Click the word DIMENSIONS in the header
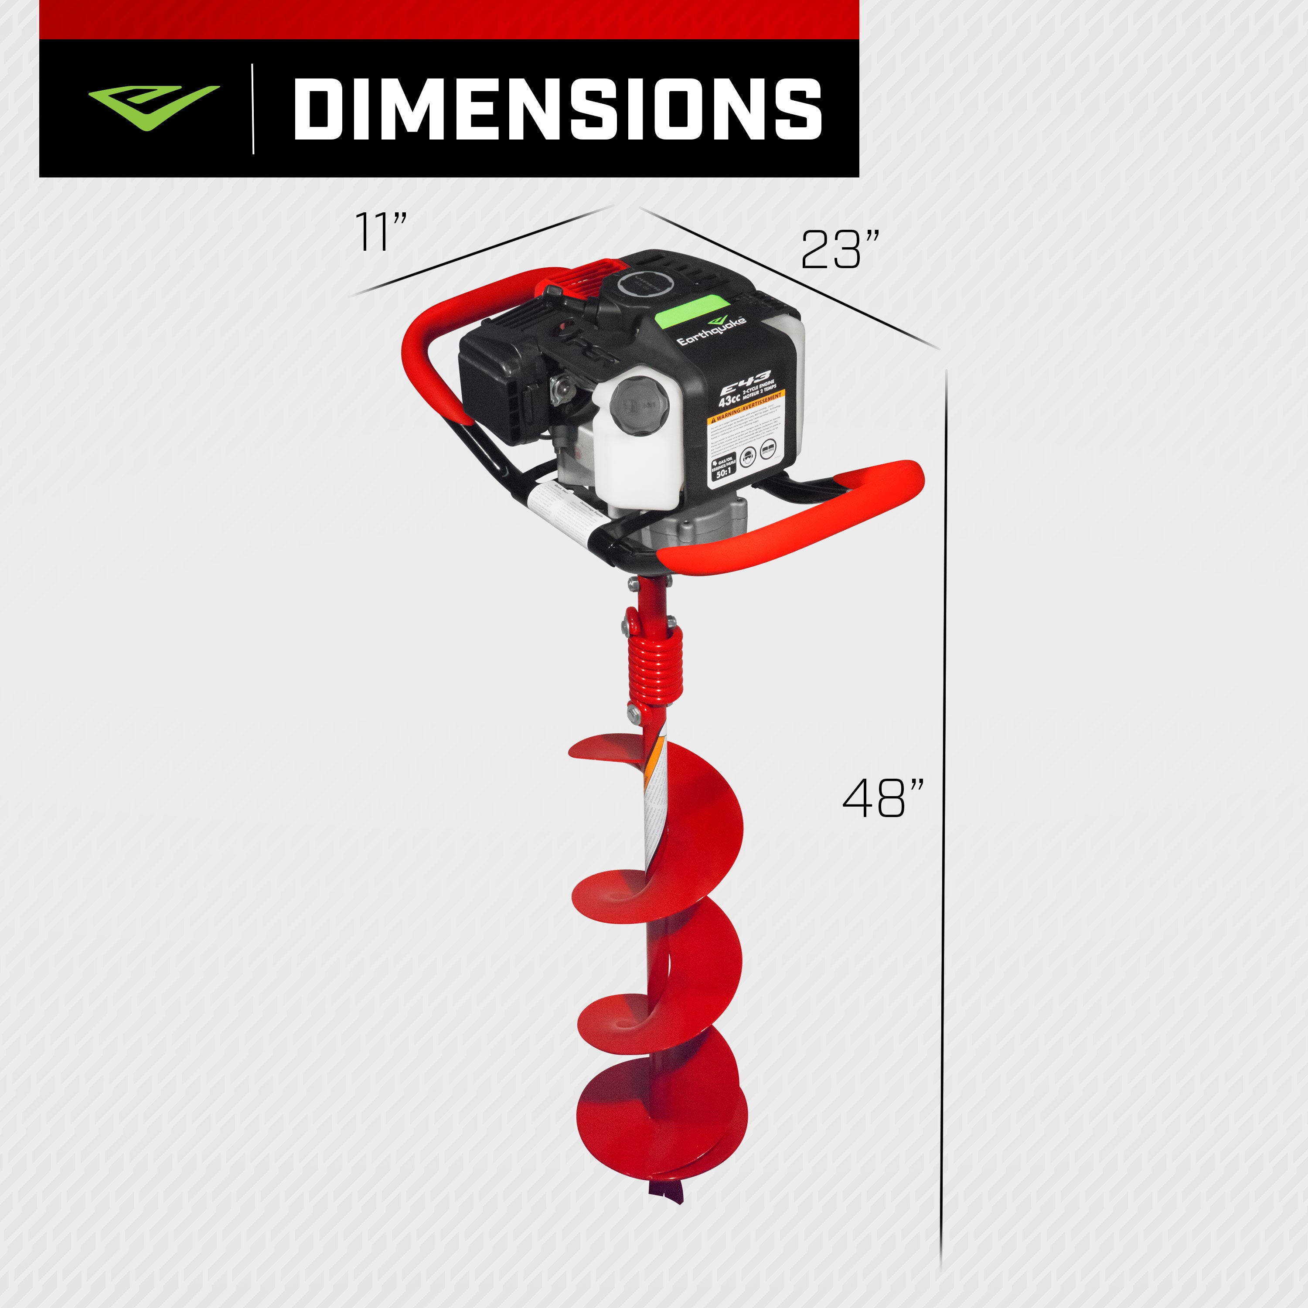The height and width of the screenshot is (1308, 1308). pyautogui.click(x=557, y=108)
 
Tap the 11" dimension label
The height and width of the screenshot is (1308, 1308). pyautogui.click(x=381, y=232)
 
